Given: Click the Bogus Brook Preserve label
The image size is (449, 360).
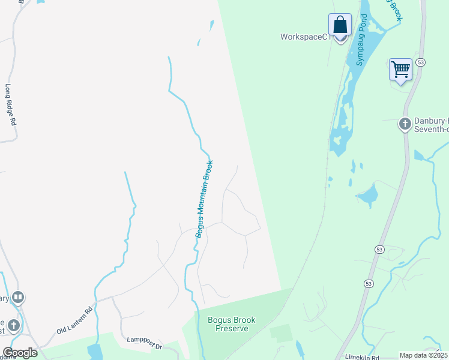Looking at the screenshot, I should [x=232, y=324].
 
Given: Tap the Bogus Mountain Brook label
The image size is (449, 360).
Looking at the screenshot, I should [x=204, y=199].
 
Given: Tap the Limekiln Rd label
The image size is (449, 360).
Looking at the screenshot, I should [x=362, y=357].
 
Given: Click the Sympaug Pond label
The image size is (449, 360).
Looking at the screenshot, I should [x=361, y=45].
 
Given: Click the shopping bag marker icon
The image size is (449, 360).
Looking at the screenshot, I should [x=340, y=26].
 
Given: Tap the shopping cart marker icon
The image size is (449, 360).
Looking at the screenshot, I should [x=400, y=69].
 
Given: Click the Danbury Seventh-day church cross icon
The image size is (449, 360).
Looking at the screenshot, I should [x=405, y=124].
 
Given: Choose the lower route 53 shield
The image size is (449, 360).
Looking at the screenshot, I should [x=379, y=249].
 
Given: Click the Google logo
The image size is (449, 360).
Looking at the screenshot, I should [x=20, y=352].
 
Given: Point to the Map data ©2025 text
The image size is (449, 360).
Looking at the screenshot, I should [x=423, y=355].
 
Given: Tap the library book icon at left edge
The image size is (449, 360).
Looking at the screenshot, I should [x=18, y=297].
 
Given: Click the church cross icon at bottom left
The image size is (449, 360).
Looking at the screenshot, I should [x=13, y=325].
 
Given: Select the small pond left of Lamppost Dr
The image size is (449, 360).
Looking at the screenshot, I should [x=95, y=352].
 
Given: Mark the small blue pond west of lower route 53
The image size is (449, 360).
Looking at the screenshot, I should [x=367, y=195].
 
